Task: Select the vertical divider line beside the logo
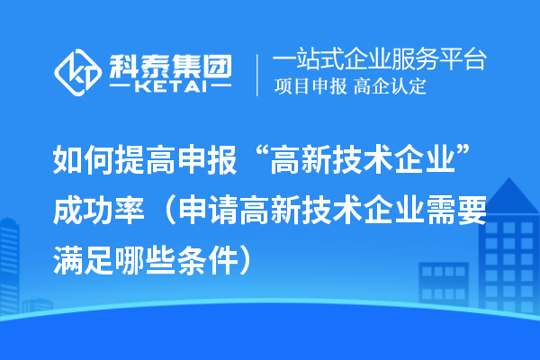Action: click(x=259, y=73)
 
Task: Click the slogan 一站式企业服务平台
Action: click(x=379, y=60)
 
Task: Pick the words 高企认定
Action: click(x=391, y=87)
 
